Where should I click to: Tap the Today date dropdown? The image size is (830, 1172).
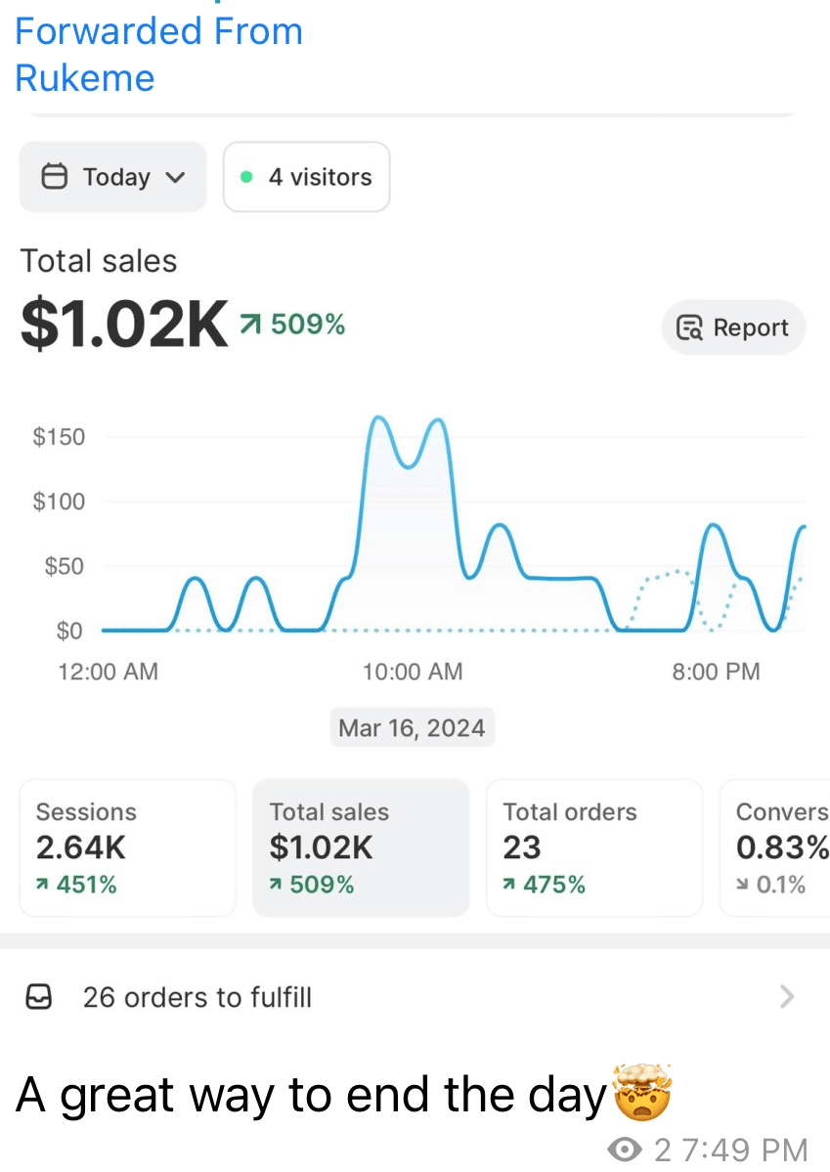point(112,177)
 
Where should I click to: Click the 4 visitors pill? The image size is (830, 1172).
point(307,177)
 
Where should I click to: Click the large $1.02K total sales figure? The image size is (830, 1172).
point(124,325)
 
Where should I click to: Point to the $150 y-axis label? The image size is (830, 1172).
point(59,437)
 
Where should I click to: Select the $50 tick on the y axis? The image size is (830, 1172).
point(65,566)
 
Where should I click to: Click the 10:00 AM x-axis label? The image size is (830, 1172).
point(413,672)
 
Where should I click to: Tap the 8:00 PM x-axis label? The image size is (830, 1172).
point(716,672)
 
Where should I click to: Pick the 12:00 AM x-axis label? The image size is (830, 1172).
point(109,672)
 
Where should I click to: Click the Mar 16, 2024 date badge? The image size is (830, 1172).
point(412,727)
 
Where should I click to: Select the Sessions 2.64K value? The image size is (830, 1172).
point(81,847)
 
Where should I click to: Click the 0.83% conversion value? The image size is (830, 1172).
point(782,847)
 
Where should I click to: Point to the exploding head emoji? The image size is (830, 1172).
point(642,1092)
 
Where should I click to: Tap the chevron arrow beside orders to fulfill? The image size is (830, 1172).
point(787,996)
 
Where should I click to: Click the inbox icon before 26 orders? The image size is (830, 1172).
point(39,996)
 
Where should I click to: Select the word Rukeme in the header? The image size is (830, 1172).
point(84,78)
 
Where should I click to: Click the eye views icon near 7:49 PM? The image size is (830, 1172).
point(625,1149)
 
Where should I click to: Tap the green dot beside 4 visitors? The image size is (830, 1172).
point(246,177)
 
